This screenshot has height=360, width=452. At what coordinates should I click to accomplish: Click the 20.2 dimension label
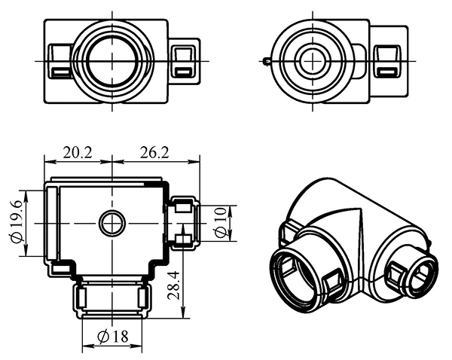coord(77,152)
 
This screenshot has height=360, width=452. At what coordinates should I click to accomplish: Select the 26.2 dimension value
coord(154,152)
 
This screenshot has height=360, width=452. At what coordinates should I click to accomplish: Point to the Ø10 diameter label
coord(220,223)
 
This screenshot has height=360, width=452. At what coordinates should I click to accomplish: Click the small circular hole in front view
coord(112,222)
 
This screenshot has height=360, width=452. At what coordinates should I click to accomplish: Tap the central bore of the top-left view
coord(111,60)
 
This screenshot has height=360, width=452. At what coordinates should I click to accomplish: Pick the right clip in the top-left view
coord(183,60)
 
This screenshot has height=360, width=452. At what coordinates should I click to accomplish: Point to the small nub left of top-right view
coord(267,61)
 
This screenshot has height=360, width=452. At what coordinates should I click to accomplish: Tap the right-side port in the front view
coord(182,222)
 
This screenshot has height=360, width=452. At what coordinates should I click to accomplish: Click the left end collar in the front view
coord(51,223)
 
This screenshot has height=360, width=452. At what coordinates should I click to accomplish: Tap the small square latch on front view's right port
coord(182,240)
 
